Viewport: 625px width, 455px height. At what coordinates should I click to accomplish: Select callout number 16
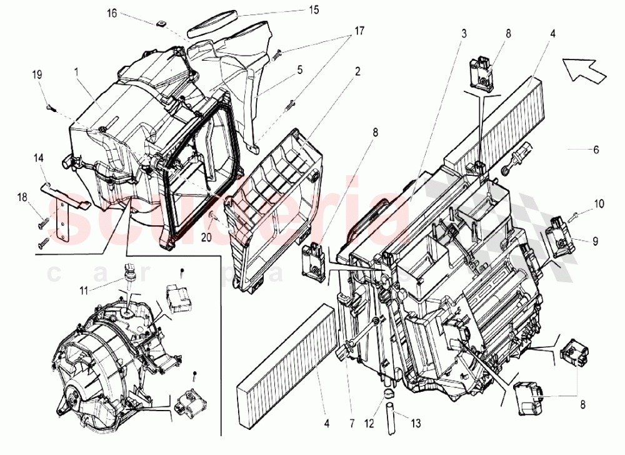[x=112, y=12]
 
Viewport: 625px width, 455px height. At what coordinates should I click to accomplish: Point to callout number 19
[x=37, y=74]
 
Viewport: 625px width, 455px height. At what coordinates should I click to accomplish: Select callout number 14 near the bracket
[x=38, y=159]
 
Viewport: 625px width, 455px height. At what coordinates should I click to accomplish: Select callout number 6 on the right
[x=596, y=150]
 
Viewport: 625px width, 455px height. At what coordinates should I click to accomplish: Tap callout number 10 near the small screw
[x=599, y=203]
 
